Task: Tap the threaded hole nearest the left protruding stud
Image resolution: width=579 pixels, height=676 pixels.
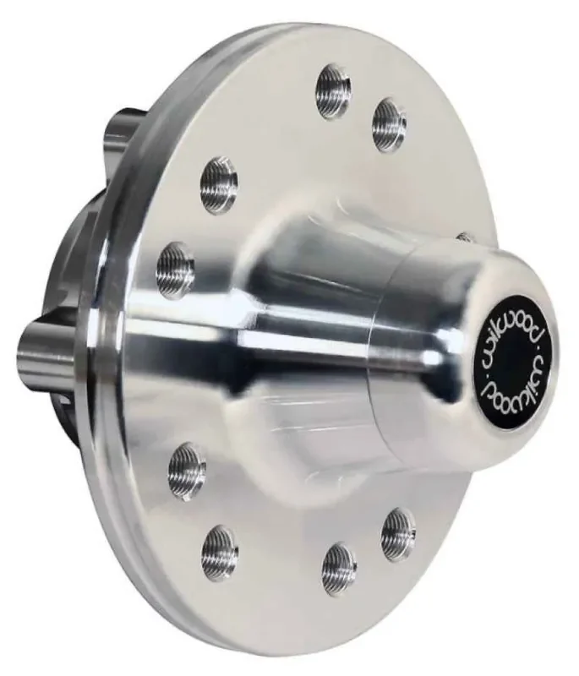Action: click(x=176, y=270)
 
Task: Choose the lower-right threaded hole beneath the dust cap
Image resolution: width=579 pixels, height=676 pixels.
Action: click(x=398, y=533)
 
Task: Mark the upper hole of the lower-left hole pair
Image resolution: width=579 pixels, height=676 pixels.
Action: click(x=187, y=470)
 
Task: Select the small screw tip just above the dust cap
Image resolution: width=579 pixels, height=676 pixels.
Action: click(x=462, y=237)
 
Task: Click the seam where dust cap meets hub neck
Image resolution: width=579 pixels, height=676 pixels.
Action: click(x=376, y=355)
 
